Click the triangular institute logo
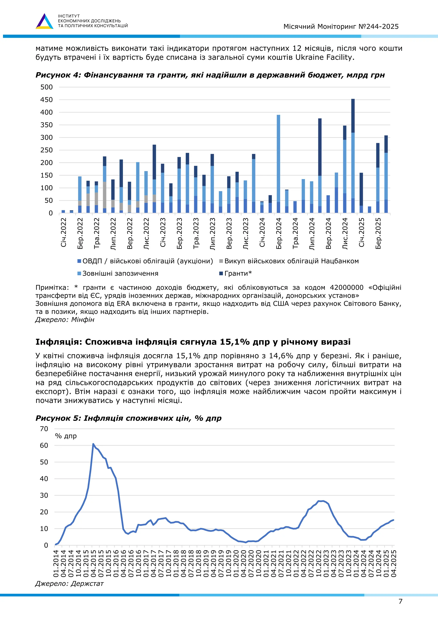(x=44, y=21)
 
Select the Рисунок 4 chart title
(x=210, y=75)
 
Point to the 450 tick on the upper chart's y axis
(x=47, y=100)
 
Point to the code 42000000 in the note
(x=346, y=287)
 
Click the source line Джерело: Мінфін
(x=65, y=320)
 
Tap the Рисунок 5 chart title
(x=128, y=418)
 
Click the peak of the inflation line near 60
(x=93, y=444)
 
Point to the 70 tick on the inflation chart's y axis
(x=44, y=429)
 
